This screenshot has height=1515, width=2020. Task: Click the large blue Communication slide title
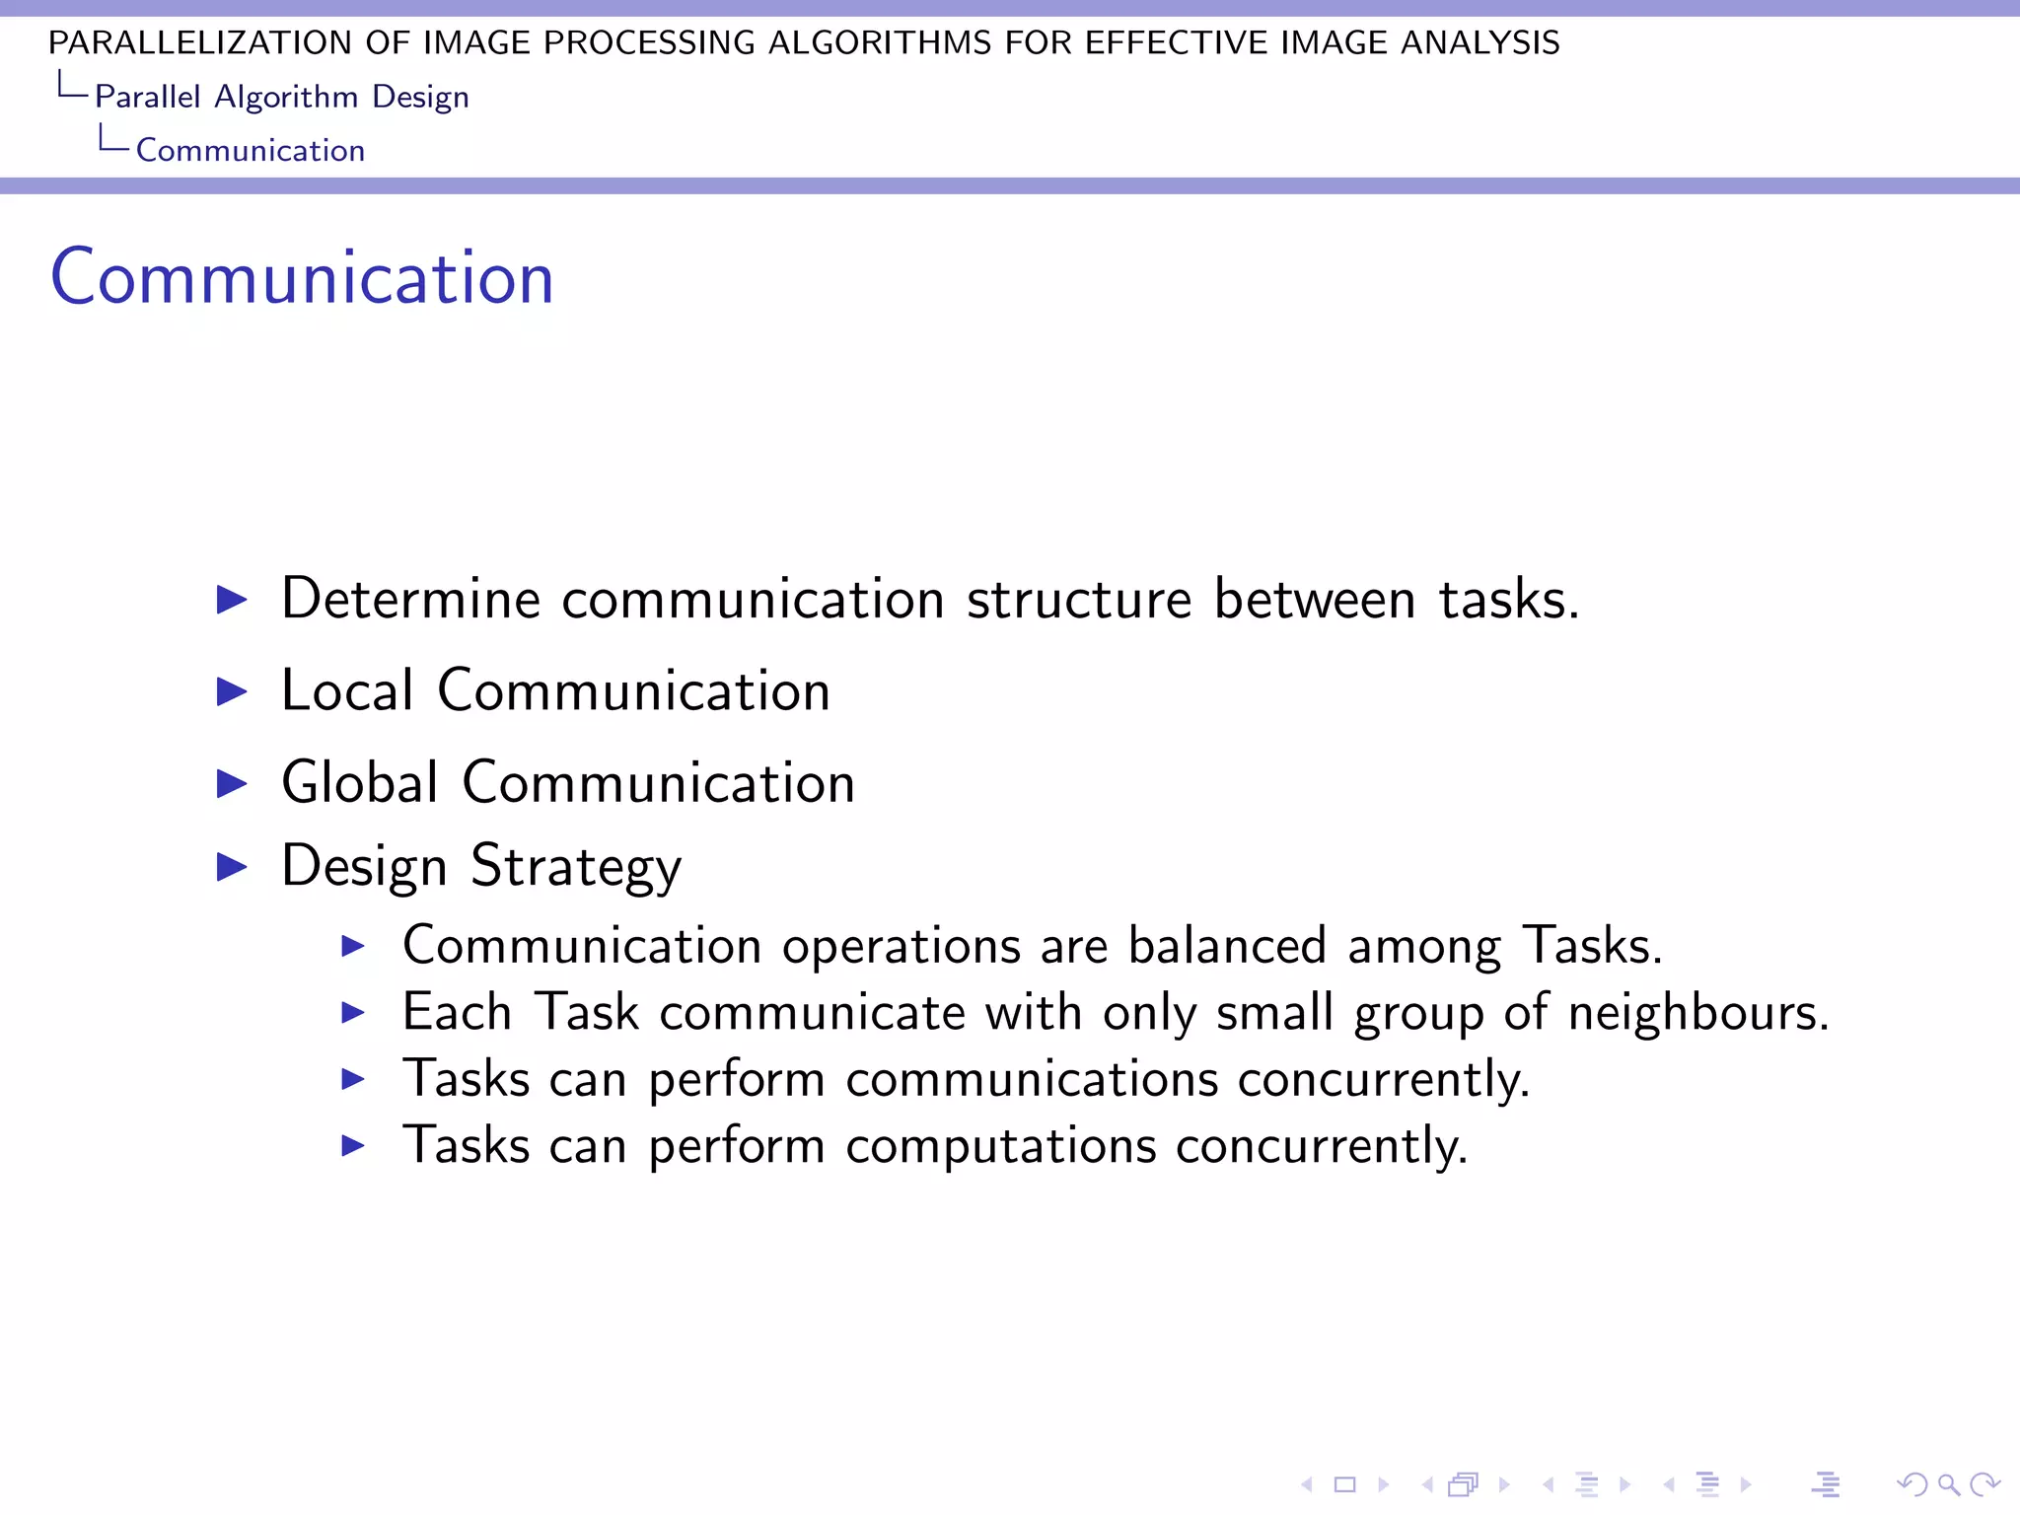[x=302, y=278]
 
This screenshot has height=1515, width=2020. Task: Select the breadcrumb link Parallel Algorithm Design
[x=281, y=97]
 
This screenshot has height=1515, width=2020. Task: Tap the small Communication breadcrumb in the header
[x=251, y=150]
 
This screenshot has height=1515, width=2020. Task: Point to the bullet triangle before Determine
[x=232, y=599]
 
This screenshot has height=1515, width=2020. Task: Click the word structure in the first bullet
[x=1079, y=599]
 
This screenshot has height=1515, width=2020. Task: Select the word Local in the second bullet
[x=347, y=690]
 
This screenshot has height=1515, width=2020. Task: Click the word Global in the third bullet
[x=360, y=782]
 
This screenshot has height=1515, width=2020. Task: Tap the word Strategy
[x=576, y=866]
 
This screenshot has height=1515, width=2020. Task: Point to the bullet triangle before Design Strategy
[x=232, y=866]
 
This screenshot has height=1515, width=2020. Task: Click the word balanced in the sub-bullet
[x=1227, y=945]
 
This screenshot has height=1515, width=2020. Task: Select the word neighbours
[x=1697, y=1012]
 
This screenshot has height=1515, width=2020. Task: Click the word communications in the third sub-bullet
[x=1032, y=1078]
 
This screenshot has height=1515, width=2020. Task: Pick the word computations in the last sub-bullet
[x=1000, y=1145]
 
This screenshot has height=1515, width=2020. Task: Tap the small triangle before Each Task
[x=353, y=1012]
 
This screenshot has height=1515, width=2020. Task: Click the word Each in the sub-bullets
[x=457, y=1012]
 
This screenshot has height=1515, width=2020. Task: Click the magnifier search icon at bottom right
[x=1948, y=1483]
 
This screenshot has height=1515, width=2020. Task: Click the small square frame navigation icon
[x=1345, y=1483]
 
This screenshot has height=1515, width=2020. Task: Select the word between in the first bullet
[x=1315, y=599]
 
